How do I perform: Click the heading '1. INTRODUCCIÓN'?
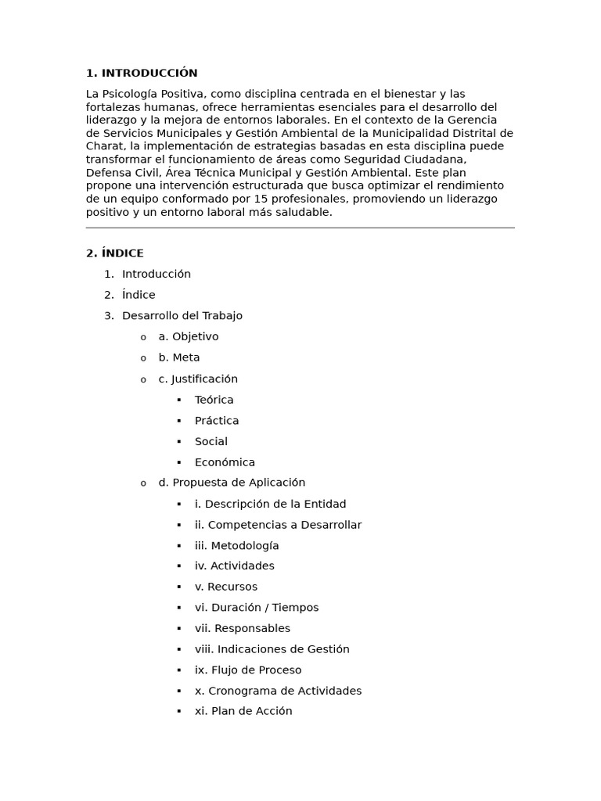click(x=142, y=74)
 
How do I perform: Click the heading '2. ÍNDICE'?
click(x=115, y=253)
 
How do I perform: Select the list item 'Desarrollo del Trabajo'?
click(x=182, y=316)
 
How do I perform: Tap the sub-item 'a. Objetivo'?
click(x=189, y=337)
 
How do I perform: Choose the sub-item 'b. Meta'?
click(x=179, y=357)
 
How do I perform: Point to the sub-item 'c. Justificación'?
click(x=198, y=379)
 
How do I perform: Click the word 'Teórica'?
click(x=214, y=400)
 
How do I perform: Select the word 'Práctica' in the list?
click(x=217, y=421)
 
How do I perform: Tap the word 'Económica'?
click(x=225, y=462)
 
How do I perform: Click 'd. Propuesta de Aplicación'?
click(x=232, y=483)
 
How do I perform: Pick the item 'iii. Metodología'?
click(x=236, y=545)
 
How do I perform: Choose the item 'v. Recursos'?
click(x=226, y=587)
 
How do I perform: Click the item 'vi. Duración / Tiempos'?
click(x=257, y=608)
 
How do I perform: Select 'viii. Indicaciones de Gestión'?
click(x=272, y=649)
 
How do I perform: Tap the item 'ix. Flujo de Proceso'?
click(x=248, y=670)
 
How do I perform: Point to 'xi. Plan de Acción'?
click(x=243, y=711)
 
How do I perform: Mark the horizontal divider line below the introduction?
click(x=300, y=228)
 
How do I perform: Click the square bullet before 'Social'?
click(x=178, y=442)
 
